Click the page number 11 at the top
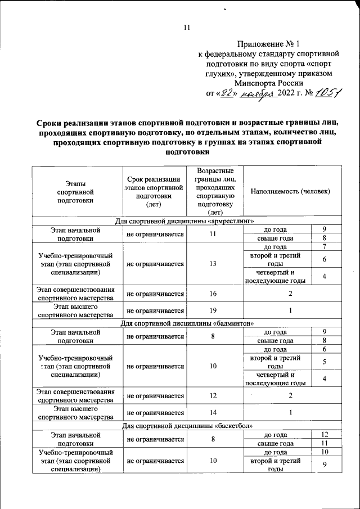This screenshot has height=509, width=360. [x=188, y=27]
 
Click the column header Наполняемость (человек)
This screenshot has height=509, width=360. [x=290, y=191]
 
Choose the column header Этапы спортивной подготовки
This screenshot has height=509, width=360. [x=76, y=191]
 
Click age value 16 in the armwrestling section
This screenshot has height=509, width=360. [x=210, y=294]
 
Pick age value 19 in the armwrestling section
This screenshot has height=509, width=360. [x=210, y=310]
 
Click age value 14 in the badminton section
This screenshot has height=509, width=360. [x=210, y=413]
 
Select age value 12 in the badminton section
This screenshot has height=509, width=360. [x=210, y=396]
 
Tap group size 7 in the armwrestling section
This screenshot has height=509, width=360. [x=325, y=247]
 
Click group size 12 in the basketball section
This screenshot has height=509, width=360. [x=325, y=435]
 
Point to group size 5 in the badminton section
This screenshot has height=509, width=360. [x=325, y=362]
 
